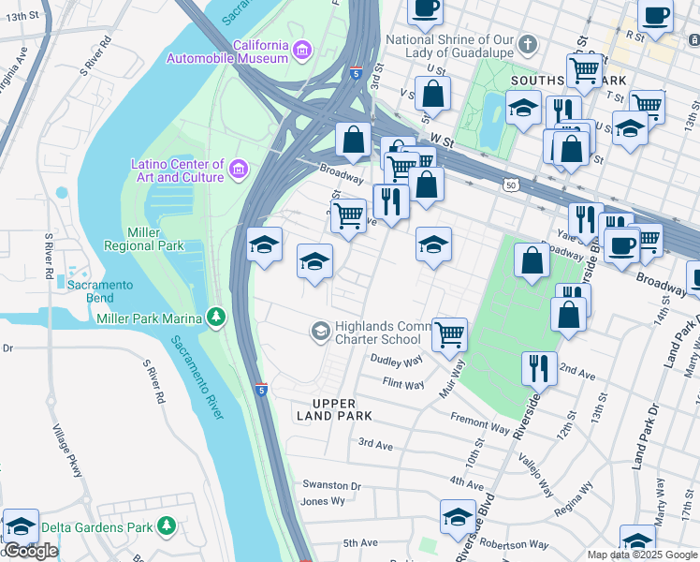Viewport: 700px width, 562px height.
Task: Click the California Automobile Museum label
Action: point(227,52)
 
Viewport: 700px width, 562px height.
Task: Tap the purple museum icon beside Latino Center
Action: point(239,170)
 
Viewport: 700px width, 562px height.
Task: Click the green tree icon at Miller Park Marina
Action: point(217,318)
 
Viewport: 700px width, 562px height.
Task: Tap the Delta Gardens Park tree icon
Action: point(167,526)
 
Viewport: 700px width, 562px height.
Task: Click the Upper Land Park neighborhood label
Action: point(334,408)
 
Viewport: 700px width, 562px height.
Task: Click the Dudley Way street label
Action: point(397,361)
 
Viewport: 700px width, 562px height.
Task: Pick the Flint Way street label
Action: point(403,382)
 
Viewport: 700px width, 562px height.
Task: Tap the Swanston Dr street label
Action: point(330,485)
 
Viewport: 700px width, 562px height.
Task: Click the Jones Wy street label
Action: point(323,501)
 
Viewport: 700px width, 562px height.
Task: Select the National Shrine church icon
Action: point(528,45)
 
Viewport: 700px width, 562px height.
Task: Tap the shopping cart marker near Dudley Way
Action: point(450,333)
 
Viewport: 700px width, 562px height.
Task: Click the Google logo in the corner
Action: point(30,552)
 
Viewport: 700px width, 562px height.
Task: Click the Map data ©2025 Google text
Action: point(642,555)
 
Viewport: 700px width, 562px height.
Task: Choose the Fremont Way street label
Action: point(479,423)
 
